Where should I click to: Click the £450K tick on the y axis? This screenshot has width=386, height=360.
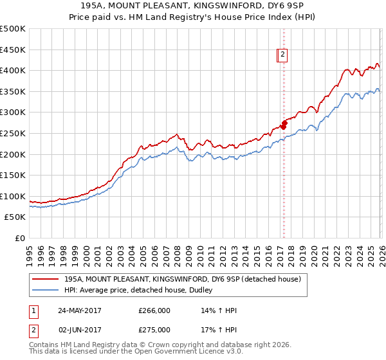[x=14, y=50]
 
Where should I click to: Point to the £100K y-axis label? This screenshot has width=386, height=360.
[x=14, y=196]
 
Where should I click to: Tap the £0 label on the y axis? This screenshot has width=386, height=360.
[x=21, y=239]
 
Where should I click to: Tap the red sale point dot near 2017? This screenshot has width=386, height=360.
[x=284, y=125]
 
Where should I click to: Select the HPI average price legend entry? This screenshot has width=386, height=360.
[x=142, y=291]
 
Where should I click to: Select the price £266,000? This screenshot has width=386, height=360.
[x=154, y=310]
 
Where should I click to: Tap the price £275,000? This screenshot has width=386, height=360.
[x=154, y=330]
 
